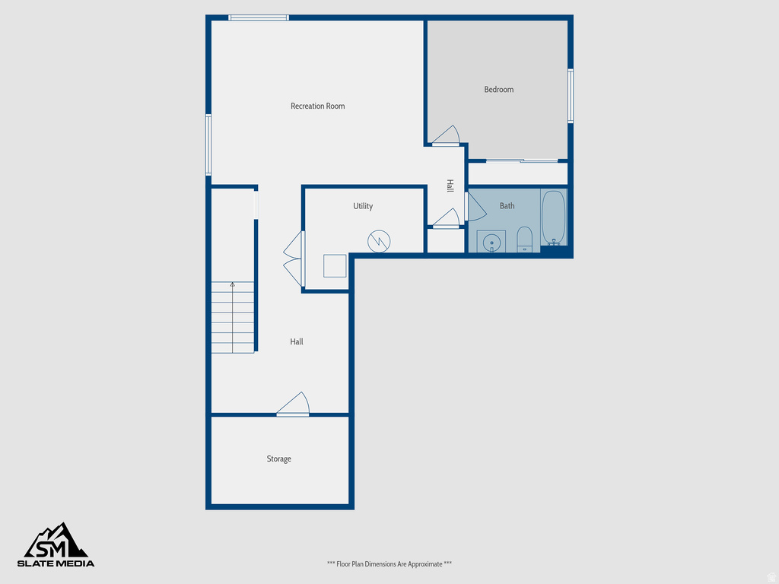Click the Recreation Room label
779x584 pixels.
pyautogui.click(x=317, y=106)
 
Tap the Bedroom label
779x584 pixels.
pyautogui.click(x=498, y=90)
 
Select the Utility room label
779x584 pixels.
pyautogui.click(x=363, y=206)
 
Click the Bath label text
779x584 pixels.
pyautogui.click(x=507, y=206)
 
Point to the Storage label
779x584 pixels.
pyautogui.click(x=278, y=459)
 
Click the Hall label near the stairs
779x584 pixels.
pyautogui.click(x=297, y=342)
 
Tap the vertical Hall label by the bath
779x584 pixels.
pyautogui.click(x=450, y=186)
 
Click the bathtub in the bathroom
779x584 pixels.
pyautogui.click(x=553, y=217)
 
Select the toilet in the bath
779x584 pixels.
pyautogui.click(x=524, y=239)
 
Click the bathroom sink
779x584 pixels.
pyautogui.click(x=491, y=242)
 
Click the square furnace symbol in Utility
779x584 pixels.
pyautogui.click(x=335, y=265)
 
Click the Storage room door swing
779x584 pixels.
pyautogui.click(x=295, y=404)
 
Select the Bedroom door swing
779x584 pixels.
pyautogui.click(x=447, y=135)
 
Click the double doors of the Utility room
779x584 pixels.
pyautogui.click(x=294, y=260)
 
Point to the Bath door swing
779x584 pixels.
pyautogui.click(x=475, y=207)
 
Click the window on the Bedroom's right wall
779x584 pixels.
pyautogui.click(x=570, y=96)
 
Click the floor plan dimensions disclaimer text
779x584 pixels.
pyautogui.click(x=389, y=563)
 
